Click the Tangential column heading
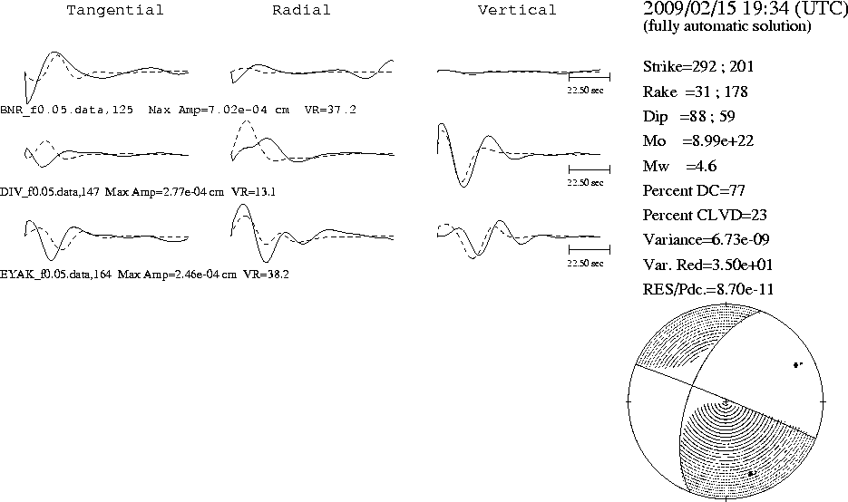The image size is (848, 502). (x=114, y=10)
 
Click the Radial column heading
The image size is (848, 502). (x=301, y=10)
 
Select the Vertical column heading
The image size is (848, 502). (x=517, y=10)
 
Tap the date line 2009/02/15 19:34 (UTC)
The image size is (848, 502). (x=746, y=8)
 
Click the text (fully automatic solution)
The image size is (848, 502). (x=727, y=26)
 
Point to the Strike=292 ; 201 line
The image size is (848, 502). (x=698, y=66)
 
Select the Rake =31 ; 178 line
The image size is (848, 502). (x=695, y=92)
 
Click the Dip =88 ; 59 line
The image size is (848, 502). (x=688, y=117)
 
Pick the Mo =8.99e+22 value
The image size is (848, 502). (x=698, y=141)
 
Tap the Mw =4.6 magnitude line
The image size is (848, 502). (x=680, y=166)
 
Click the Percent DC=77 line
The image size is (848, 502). (x=694, y=191)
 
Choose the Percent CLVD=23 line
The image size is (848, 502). (x=705, y=215)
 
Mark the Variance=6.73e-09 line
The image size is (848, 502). (x=706, y=239)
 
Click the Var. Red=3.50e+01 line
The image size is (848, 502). (x=707, y=265)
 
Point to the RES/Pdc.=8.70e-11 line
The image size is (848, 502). (x=708, y=290)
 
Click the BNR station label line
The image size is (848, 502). (x=178, y=110)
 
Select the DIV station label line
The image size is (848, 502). (x=138, y=192)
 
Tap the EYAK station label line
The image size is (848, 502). (x=144, y=275)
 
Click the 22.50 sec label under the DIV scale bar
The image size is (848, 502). (x=585, y=183)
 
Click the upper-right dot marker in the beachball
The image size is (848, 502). (x=797, y=365)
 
